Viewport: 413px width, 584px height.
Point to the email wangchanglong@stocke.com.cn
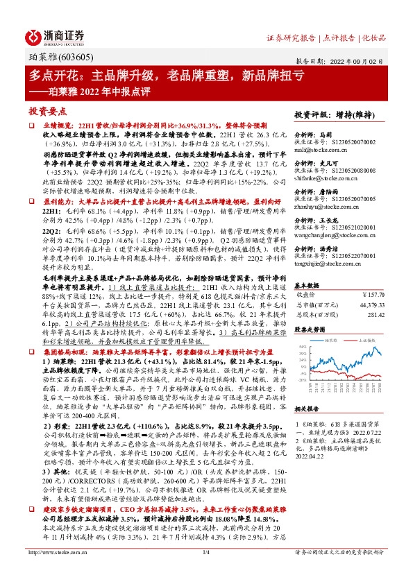pos(336,236)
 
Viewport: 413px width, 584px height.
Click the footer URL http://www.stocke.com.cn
pos(56,572)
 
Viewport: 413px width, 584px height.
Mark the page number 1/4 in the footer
pos(205,572)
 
